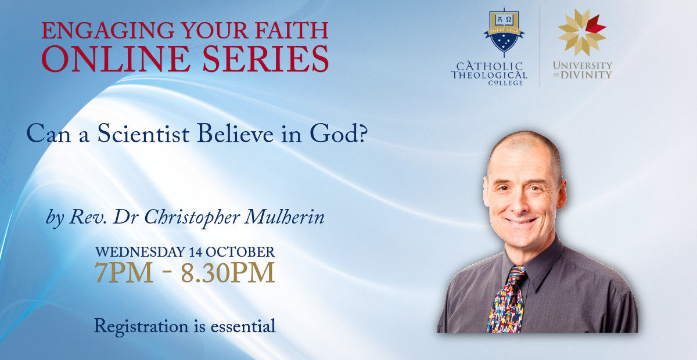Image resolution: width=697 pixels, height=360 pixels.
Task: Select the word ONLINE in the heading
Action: pyautogui.click(x=116, y=59)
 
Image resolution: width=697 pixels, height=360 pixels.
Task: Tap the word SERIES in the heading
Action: pyautogui.click(x=266, y=59)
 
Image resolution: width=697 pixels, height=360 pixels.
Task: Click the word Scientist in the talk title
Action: pyautogui.click(x=143, y=134)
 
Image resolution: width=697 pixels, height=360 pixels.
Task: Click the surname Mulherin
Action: pyautogui.click(x=285, y=217)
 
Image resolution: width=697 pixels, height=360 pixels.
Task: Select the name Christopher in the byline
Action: pyautogui.click(x=192, y=218)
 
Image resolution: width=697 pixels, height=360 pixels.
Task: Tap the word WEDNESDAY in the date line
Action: pyautogui.click(x=140, y=252)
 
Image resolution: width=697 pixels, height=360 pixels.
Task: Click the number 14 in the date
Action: pyautogui.click(x=196, y=252)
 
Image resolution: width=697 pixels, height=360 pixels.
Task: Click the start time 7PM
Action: pyautogui.click(x=124, y=272)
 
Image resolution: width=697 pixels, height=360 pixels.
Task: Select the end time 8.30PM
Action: pyautogui.click(x=228, y=272)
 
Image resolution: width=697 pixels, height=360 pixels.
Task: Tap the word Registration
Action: pyautogui.click(x=141, y=327)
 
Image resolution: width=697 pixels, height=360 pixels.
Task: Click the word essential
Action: pyautogui.click(x=243, y=326)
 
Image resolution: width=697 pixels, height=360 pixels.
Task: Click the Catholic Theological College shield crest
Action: pyautogui.click(x=504, y=32)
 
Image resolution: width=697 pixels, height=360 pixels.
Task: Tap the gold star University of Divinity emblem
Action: pyautogui.click(x=582, y=33)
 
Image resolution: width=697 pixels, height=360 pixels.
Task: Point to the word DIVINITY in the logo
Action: pyautogui.click(x=586, y=75)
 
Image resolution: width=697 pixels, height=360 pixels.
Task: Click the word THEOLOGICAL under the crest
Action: pyautogui.click(x=489, y=75)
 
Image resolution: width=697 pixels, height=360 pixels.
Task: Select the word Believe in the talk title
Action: pyautogui.click(x=235, y=134)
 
